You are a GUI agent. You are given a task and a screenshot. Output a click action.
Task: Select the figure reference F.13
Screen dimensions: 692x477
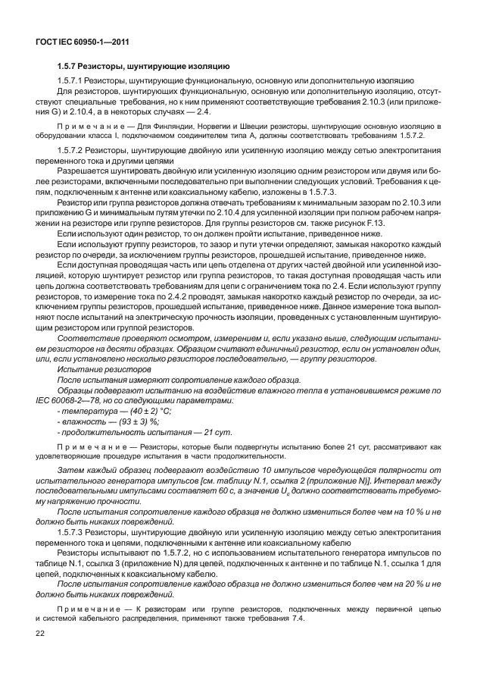click(x=399, y=224)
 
